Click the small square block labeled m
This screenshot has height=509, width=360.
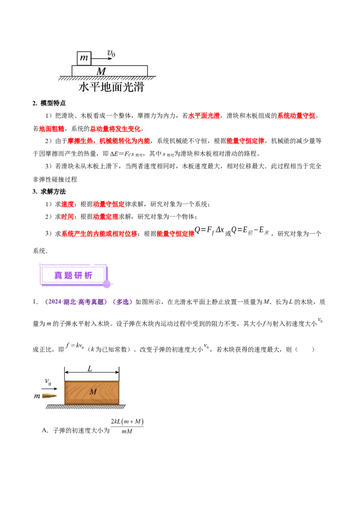(x=84, y=58)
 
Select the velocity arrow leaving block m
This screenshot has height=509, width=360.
(x=102, y=59)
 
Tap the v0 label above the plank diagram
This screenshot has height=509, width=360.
(x=111, y=54)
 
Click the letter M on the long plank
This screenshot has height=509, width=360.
(x=101, y=71)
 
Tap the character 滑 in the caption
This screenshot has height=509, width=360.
(x=138, y=87)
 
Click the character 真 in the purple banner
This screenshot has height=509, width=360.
(x=58, y=275)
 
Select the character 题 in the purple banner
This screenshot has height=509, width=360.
(x=68, y=275)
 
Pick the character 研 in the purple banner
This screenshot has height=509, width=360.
(x=78, y=275)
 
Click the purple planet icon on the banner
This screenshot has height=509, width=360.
(x=107, y=284)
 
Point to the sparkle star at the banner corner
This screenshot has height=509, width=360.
(x=40, y=264)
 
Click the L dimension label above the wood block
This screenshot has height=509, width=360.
(x=90, y=369)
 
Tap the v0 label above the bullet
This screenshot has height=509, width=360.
(x=48, y=382)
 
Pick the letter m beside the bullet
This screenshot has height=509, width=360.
(x=37, y=396)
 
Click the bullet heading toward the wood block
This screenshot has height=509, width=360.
(x=49, y=396)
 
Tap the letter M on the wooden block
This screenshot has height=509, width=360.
(x=93, y=392)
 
